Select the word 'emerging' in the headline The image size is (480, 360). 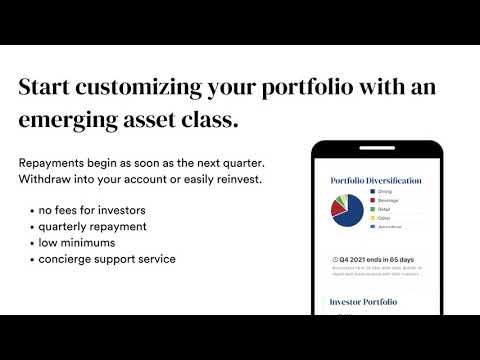point(70,123)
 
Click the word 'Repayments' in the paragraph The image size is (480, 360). point(58,162)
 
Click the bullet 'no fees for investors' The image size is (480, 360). point(94,210)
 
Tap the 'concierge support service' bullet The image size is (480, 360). point(107,258)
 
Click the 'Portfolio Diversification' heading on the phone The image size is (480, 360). point(375,181)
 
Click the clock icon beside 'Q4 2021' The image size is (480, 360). point(333,259)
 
